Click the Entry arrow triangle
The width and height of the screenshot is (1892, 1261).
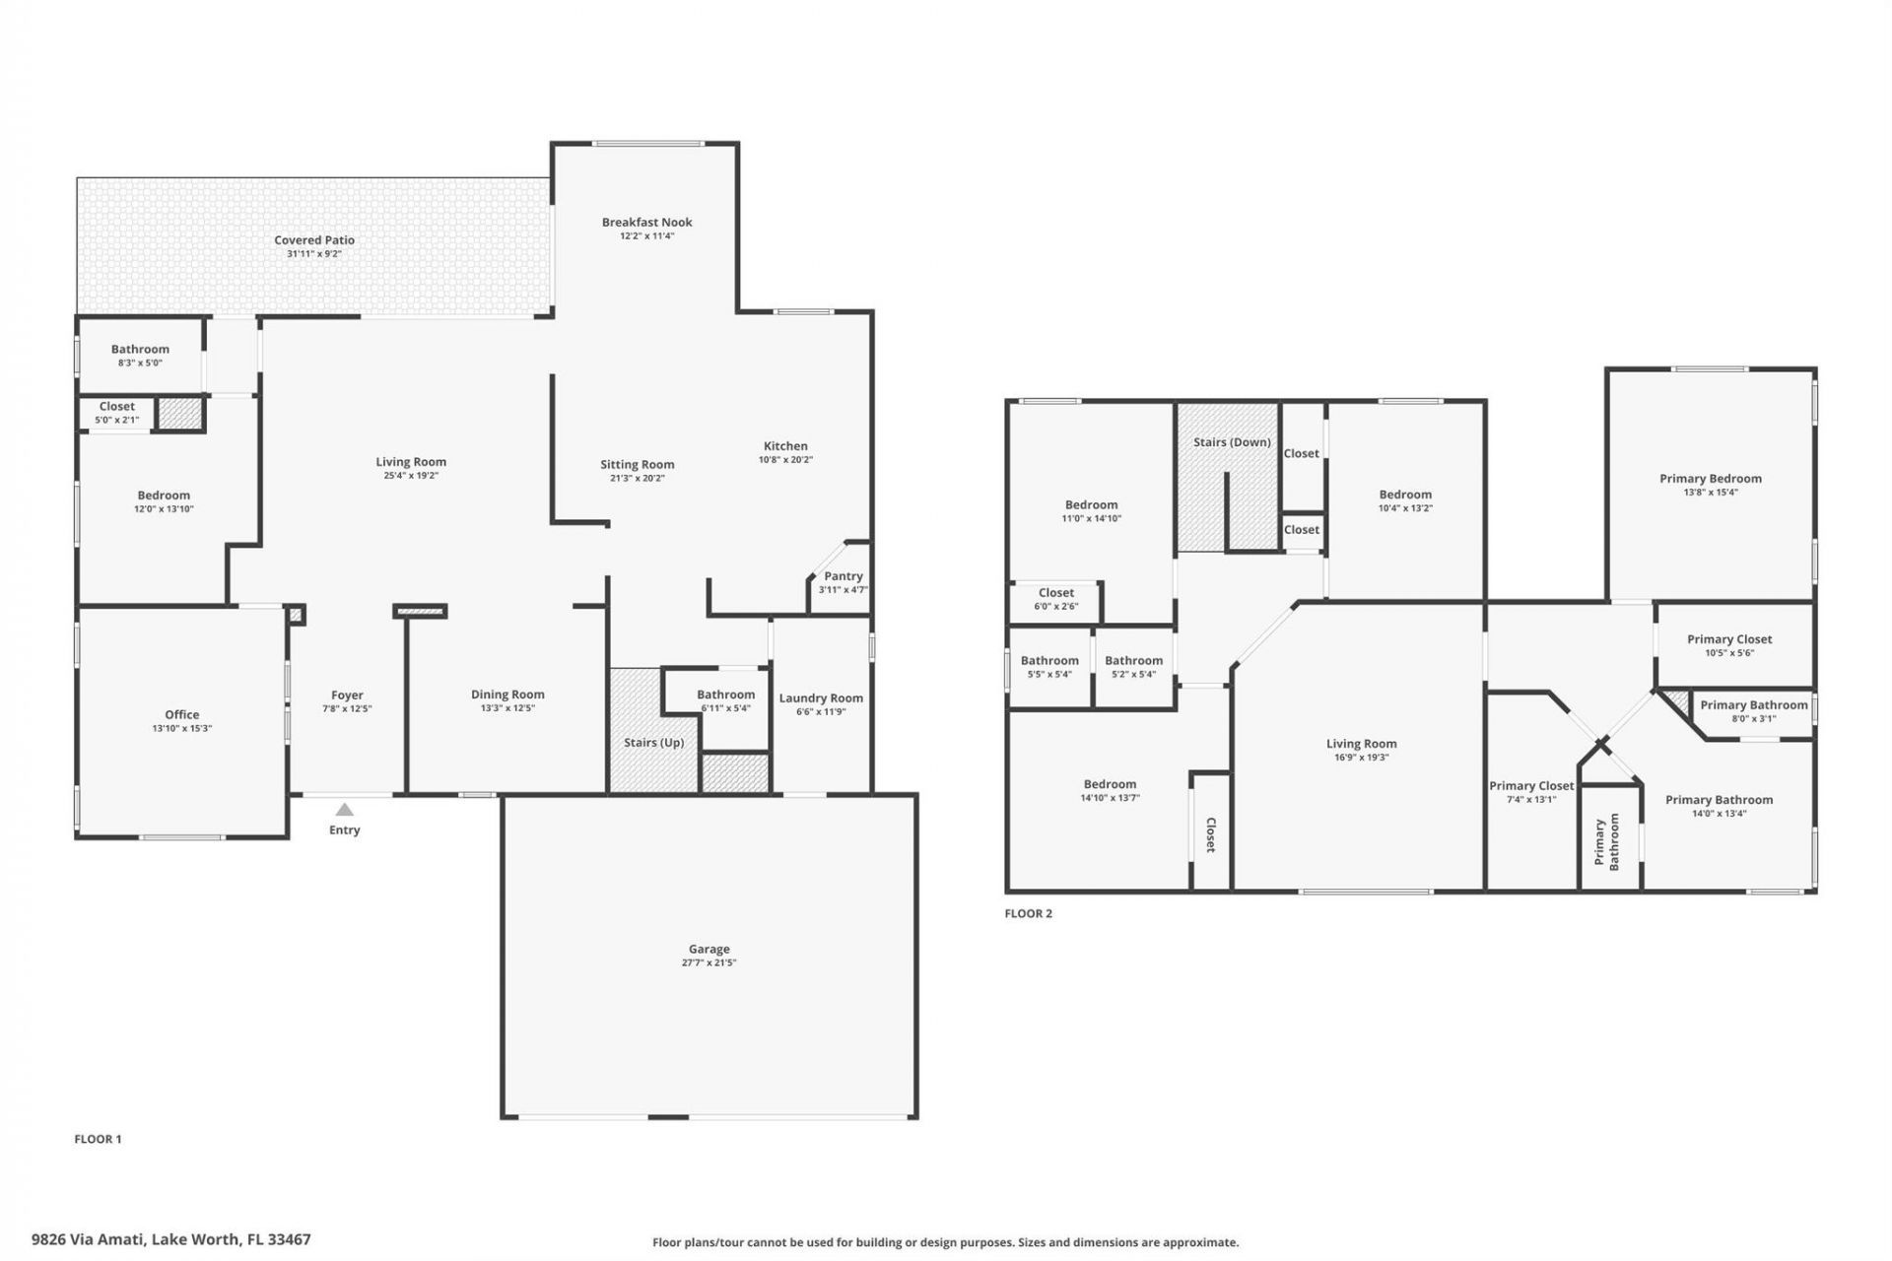[x=344, y=810]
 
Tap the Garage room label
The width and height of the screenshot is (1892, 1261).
[x=709, y=949]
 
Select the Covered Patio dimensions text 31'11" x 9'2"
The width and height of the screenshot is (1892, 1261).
[x=313, y=254]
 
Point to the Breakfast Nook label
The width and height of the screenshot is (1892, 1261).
[x=646, y=222]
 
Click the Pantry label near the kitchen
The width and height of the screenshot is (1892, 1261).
[x=843, y=576]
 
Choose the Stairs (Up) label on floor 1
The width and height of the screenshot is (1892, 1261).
[x=653, y=742]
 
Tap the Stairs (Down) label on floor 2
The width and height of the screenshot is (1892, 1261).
[x=1232, y=442]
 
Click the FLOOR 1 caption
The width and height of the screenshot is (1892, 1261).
[x=98, y=1139]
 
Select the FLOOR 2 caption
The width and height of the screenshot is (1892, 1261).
[x=1028, y=913]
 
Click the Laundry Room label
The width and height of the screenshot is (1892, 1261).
[x=820, y=697]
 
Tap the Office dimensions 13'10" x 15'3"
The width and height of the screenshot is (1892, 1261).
[x=181, y=729]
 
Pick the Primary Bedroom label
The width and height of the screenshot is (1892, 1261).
[x=1710, y=479]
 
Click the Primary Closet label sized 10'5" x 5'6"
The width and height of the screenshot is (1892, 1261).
[x=1728, y=639]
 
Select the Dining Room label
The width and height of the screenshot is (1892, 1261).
[x=507, y=695]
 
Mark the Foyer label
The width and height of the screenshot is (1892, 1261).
[x=347, y=695]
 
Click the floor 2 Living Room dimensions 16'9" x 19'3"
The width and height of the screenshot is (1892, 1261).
[x=1361, y=758]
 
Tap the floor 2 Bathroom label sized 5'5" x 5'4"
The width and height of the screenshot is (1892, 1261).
[x=1049, y=661]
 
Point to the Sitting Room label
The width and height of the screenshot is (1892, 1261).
[x=637, y=464]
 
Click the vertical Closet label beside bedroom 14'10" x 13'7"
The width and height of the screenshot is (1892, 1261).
[x=1211, y=833]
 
